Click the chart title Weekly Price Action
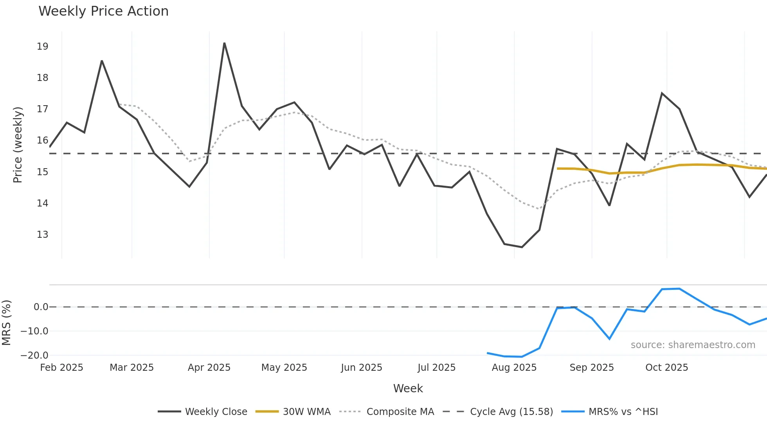pos(103,11)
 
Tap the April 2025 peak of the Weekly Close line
pos(224,43)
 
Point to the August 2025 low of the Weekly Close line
pos(522,247)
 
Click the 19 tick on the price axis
pos(42,47)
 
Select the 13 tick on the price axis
pos(42,235)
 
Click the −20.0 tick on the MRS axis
pos(34,356)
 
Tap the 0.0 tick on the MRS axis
pos(41,307)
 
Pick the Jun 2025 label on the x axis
pos(361,368)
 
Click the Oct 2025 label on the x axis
pos(666,368)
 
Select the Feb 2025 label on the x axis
pos(61,368)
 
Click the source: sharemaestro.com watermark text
pos(693,345)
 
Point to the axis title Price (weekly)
pos(18,145)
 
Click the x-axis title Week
pos(408,388)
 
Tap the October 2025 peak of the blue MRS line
pos(679,289)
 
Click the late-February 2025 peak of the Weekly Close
pos(102,61)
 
